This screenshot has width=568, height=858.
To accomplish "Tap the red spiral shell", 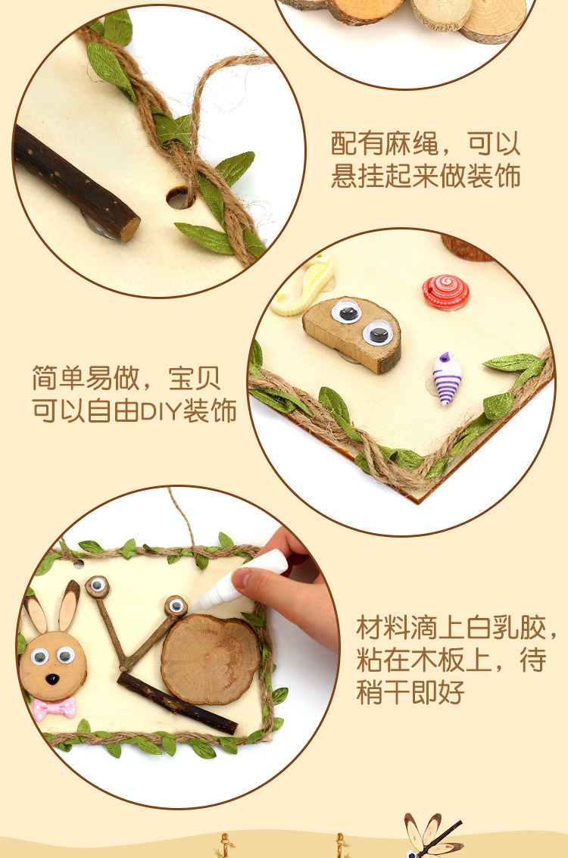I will click(445, 292).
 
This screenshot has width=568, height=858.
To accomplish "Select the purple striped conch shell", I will click(447, 377).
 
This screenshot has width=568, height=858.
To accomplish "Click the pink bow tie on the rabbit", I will click(55, 708).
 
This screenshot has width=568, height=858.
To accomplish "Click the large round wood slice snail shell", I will click(210, 657).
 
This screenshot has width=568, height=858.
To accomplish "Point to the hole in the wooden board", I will click(179, 198).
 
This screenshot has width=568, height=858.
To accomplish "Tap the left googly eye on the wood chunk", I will click(346, 311).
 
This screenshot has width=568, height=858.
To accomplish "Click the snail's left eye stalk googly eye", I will click(97, 586).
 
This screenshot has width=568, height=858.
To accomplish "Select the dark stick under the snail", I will click(176, 703).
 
